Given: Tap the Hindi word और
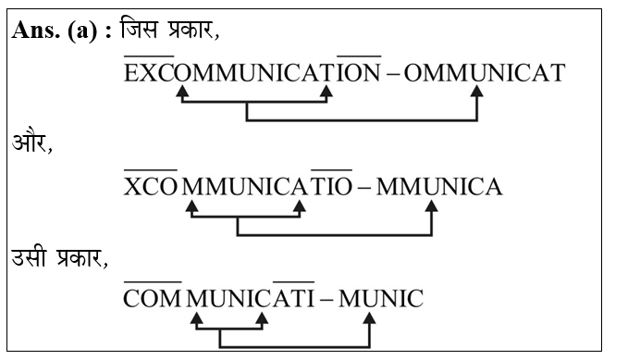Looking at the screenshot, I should pos(31,144).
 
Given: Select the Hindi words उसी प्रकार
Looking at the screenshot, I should pos(58,257).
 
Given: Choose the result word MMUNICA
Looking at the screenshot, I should pos(438,187).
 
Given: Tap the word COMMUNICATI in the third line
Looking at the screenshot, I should pos(219,299).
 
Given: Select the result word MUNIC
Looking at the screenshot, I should pos(380,299).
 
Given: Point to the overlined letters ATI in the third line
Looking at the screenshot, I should pos(294,299).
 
